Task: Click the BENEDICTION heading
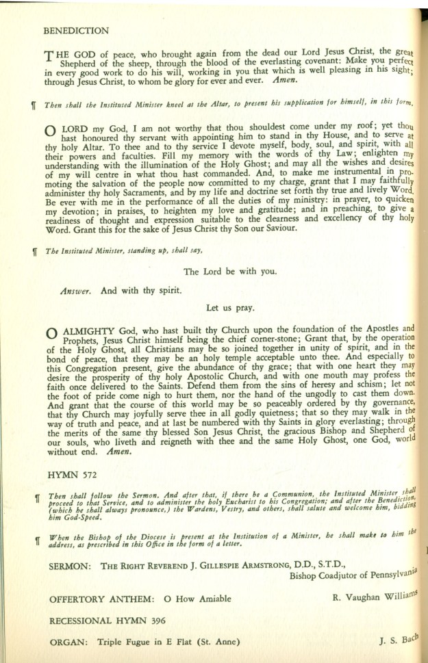point(75,31)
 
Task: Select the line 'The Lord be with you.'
point(230,271)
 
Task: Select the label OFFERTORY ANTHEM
point(99,600)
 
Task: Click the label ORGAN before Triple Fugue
point(70,642)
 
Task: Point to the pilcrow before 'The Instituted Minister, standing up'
point(34,251)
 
